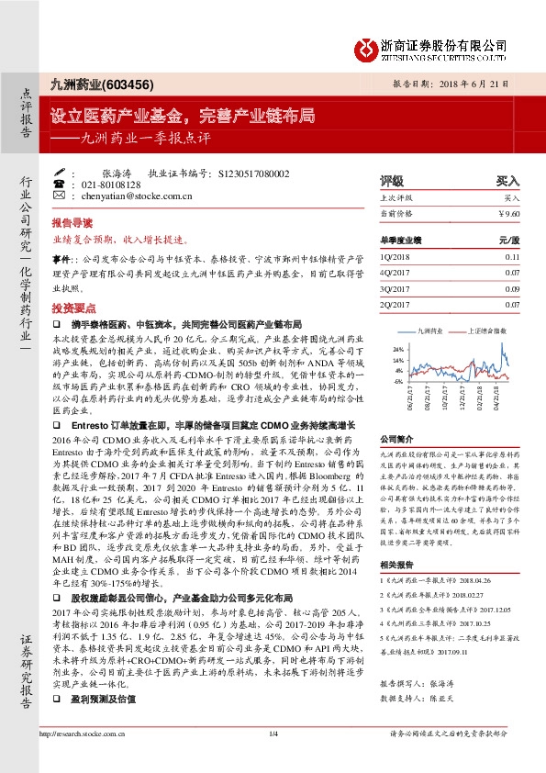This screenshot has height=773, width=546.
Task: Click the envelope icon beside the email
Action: pos(61,196)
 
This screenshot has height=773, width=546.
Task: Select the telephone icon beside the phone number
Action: pos(61,185)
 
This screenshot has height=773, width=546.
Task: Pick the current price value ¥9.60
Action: pos(508,213)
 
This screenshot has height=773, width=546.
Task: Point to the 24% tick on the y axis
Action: pos(396,350)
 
